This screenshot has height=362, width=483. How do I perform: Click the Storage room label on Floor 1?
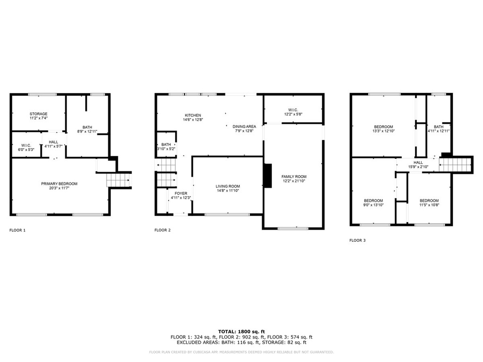point(39,114)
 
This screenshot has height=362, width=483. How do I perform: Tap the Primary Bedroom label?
point(59,184)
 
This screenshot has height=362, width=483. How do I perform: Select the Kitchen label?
point(193,115)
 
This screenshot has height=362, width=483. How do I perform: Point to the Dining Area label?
point(244,126)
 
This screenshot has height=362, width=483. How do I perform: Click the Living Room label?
point(228,186)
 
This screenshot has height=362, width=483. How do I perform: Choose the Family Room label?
point(294,177)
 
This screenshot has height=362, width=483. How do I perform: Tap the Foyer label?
point(181,194)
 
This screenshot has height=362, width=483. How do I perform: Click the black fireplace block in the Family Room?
point(267,176)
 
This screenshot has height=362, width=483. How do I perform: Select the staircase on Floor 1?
point(118,180)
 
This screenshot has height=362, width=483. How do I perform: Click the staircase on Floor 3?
point(455,165)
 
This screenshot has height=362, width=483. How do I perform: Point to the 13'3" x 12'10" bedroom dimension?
point(383,131)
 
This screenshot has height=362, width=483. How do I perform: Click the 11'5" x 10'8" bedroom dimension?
point(429,205)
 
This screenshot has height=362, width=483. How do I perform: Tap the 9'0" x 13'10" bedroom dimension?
point(374,205)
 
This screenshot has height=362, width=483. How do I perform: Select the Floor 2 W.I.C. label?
point(293,110)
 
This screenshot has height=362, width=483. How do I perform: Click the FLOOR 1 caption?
point(17,230)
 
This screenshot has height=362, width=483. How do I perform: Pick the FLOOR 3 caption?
point(358,240)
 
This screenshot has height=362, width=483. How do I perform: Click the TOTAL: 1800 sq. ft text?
point(241,331)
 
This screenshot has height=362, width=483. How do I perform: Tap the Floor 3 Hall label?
point(418,163)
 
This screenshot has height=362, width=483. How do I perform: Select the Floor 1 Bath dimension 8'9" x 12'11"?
point(87,132)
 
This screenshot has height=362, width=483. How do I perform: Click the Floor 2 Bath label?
point(166,144)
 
